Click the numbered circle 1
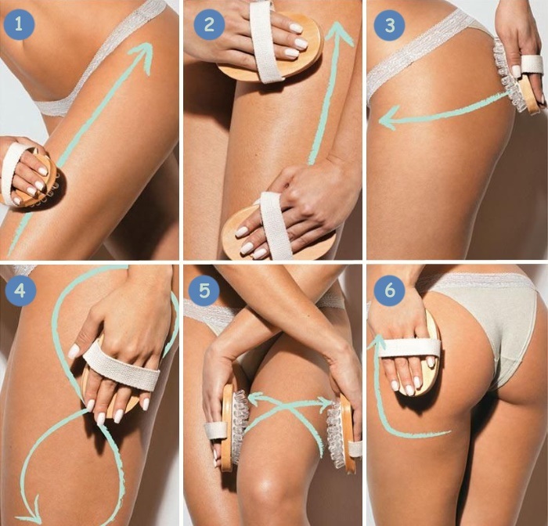click(20, 24)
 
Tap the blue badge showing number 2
click(207, 24)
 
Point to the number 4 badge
click(20, 291)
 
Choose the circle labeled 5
click(204, 291)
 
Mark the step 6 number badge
click(389, 291)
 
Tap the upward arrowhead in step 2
click(338, 28)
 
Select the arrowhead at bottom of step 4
click(29, 517)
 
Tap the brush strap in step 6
click(407, 347)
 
